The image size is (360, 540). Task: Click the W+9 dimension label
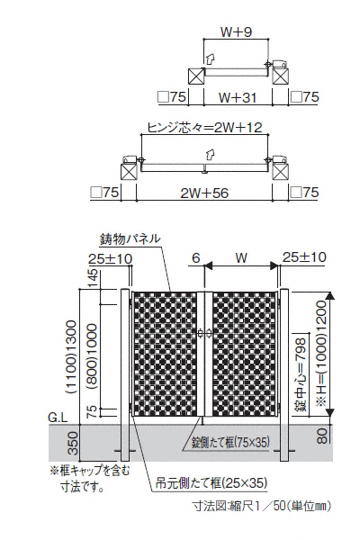(236, 32)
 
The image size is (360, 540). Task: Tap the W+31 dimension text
(238, 98)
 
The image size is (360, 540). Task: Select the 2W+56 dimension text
(204, 193)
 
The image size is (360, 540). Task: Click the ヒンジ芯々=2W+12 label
(204, 128)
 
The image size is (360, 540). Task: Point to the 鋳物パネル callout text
(130, 238)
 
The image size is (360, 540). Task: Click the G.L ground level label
(58, 418)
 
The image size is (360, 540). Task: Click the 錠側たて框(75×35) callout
(230, 442)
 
